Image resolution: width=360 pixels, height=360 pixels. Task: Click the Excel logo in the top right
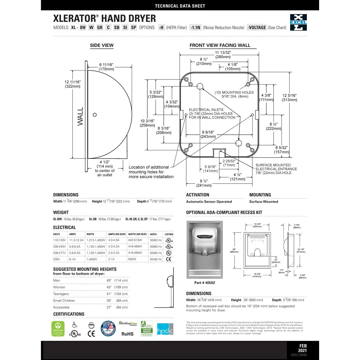[298, 22]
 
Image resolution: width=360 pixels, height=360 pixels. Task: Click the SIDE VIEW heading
[102, 46]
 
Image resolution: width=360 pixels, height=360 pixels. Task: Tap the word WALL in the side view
[80, 116]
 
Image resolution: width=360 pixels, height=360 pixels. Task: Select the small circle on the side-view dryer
[95, 115]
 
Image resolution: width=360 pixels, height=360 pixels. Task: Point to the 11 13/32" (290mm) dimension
[223, 55]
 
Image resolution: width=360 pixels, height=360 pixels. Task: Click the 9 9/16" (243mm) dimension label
[208, 134]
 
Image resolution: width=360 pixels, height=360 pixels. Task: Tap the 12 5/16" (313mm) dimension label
[289, 97]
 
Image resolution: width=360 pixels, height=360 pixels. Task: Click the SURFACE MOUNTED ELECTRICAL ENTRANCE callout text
[276, 169]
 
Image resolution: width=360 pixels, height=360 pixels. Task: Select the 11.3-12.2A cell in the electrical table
[76, 240]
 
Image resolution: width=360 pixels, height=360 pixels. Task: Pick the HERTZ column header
[153, 234]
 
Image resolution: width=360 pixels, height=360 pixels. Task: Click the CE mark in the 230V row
[169, 259]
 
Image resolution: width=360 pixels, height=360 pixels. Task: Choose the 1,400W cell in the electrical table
[91, 259]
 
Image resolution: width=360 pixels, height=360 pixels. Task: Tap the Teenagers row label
[61, 294]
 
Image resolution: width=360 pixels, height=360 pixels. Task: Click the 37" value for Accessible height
[109, 307]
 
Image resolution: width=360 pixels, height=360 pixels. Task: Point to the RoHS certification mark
[127, 334]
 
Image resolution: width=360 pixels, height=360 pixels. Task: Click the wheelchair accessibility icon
[74, 325]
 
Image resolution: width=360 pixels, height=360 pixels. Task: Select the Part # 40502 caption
[205, 283]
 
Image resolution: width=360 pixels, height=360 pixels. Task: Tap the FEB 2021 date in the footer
[302, 348]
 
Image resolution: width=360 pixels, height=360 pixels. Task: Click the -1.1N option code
[195, 28]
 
